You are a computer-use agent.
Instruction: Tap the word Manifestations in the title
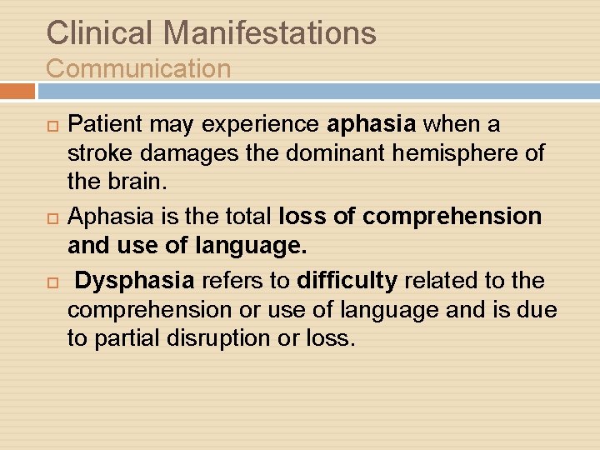click(x=270, y=32)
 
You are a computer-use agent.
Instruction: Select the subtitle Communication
click(x=138, y=68)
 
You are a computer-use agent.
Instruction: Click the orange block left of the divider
click(x=17, y=91)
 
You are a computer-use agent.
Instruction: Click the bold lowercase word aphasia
click(x=372, y=125)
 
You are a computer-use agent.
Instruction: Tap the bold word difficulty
click(x=347, y=281)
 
